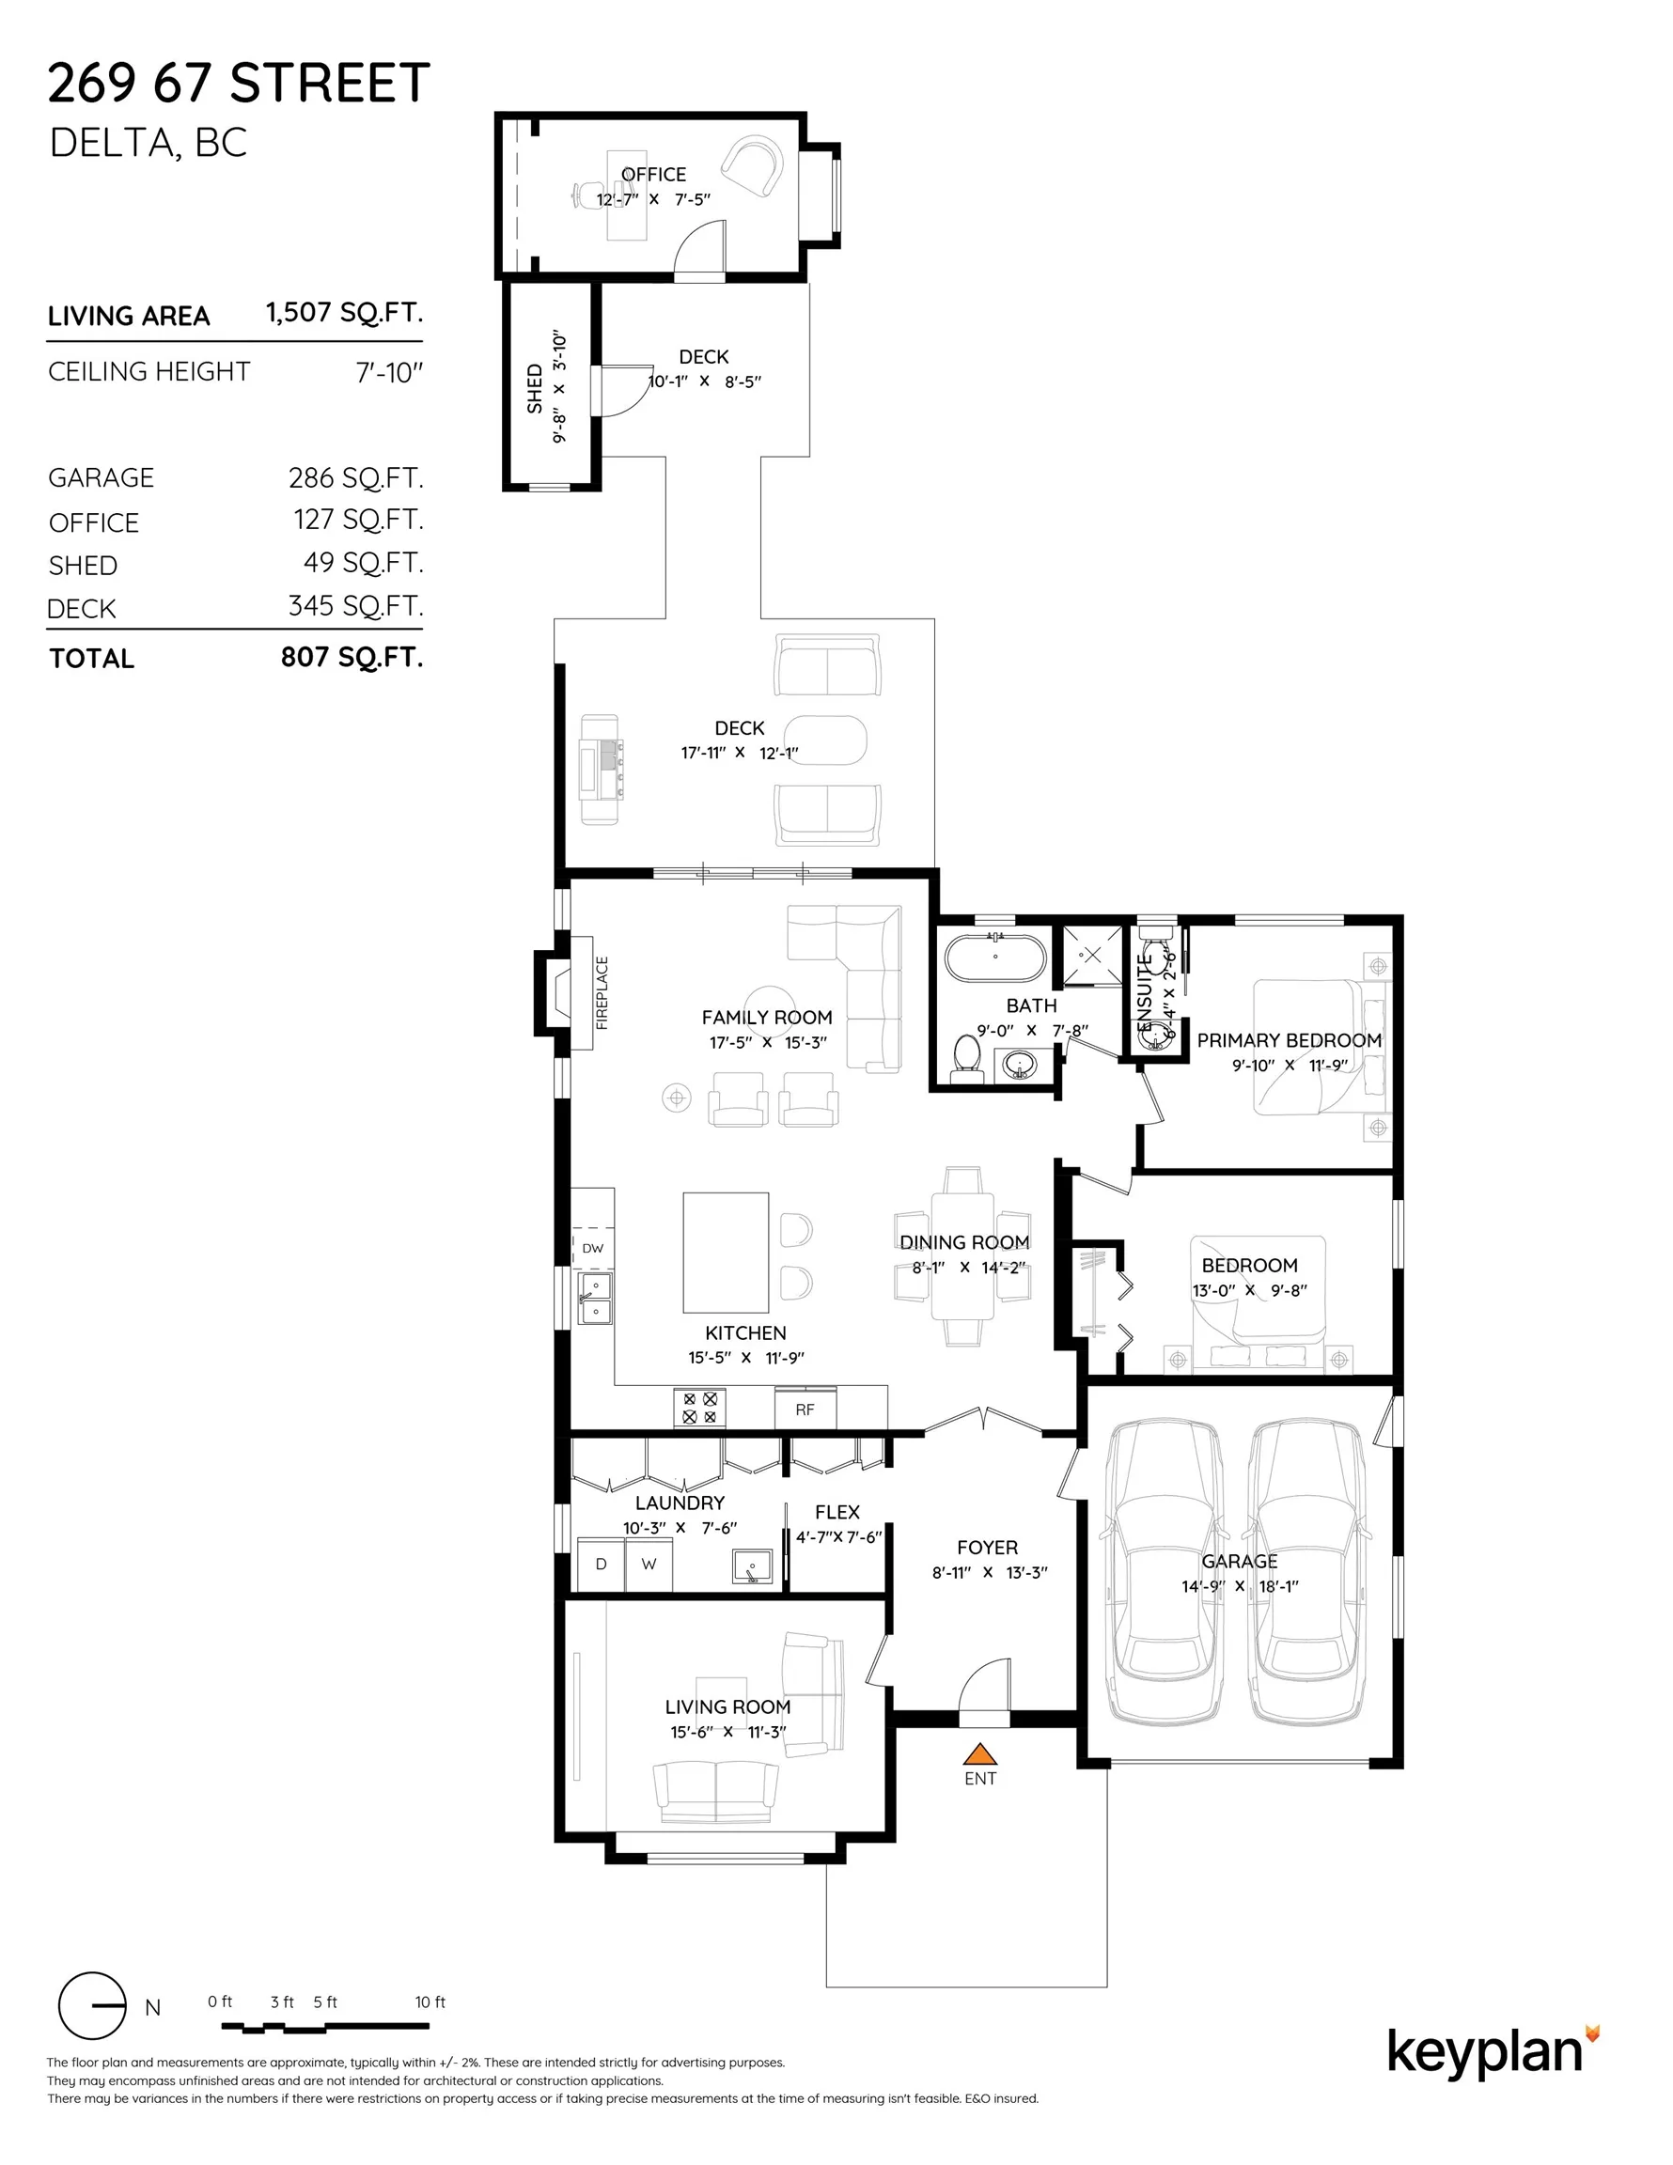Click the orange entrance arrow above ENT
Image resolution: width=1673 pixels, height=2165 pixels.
click(978, 1752)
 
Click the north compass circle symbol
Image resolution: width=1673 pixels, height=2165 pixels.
click(92, 2005)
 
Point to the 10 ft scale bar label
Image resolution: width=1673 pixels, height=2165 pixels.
click(430, 2001)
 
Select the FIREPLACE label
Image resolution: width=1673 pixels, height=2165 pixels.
click(602, 992)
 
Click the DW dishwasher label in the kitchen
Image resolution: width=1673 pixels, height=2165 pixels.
click(592, 1248)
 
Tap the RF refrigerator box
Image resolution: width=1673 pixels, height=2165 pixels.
click(805, 1409)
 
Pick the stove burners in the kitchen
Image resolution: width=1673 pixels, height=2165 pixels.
click(699, 1408)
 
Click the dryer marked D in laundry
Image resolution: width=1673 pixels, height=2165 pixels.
click(601, 1565)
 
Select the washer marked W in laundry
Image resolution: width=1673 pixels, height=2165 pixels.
click(649, 1565)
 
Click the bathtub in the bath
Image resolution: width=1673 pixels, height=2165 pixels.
click(994, 958)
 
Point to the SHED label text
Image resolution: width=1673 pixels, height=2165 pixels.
click(535, 389)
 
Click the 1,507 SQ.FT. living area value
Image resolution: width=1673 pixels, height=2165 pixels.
click(344, 312)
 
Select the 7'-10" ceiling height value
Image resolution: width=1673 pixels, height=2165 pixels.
click(389, 373)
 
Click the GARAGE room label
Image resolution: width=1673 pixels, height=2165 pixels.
click(1240, 1562)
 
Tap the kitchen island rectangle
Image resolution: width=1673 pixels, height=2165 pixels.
click(726, 1253)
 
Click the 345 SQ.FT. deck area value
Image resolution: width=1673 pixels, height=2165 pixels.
click(356, 606)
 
